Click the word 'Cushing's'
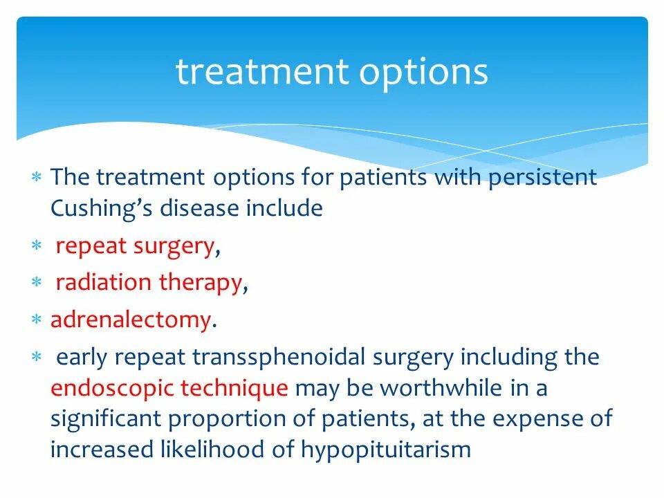click(101, 209)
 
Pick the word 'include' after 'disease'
click(284, 209)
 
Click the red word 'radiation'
click(103, 283)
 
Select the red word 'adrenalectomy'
click(130, 320)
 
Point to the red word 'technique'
click(234, 389)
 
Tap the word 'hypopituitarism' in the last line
click(386, 450)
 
